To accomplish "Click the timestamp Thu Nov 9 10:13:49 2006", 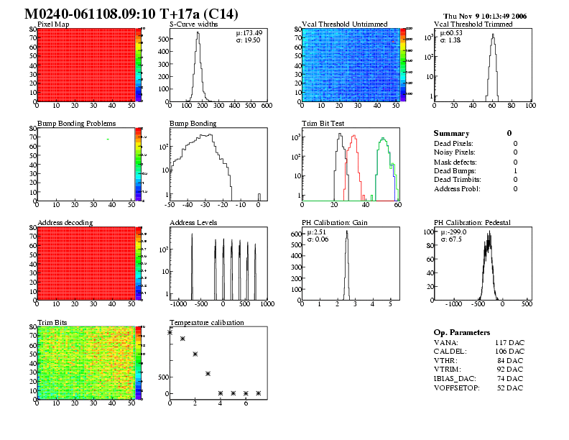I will coord(485,15).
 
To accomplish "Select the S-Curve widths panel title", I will coord(195,24).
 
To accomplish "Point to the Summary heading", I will coord(451,133).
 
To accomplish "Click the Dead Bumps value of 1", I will coord(515,170).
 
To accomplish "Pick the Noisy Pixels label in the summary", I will coord(455,152).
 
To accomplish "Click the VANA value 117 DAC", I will coord(509,343).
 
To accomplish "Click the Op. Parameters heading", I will coord(462,332).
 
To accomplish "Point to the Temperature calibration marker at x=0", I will coord(170,332).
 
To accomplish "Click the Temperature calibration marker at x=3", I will coord(208,373).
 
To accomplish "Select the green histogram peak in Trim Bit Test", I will coord(384,139).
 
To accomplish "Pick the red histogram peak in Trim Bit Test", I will coord(353,139).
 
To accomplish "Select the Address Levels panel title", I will coord(193,222).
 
